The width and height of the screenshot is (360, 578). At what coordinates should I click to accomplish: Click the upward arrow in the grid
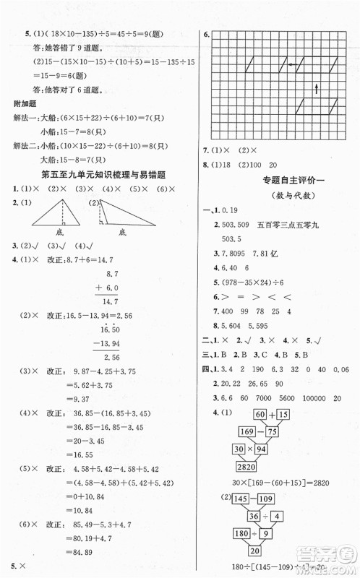(315, 90)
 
